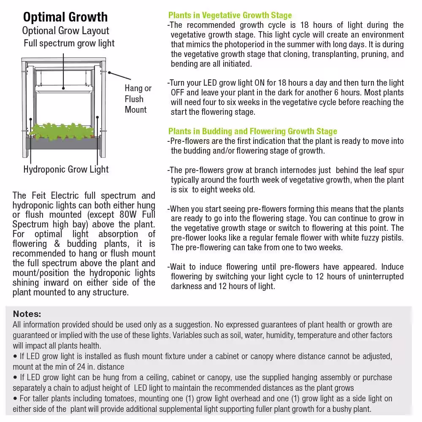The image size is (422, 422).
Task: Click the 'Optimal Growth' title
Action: point(65,17)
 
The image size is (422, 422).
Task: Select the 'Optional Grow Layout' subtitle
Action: point(65,31)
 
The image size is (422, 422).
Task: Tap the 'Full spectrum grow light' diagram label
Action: point(69,43)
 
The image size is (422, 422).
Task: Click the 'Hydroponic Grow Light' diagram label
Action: point(66,170)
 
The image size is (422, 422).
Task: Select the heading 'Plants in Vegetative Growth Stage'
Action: point(230,16)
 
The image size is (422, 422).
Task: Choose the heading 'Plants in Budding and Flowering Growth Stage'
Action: point(253,131)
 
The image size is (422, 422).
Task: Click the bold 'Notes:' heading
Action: point(27,314)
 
